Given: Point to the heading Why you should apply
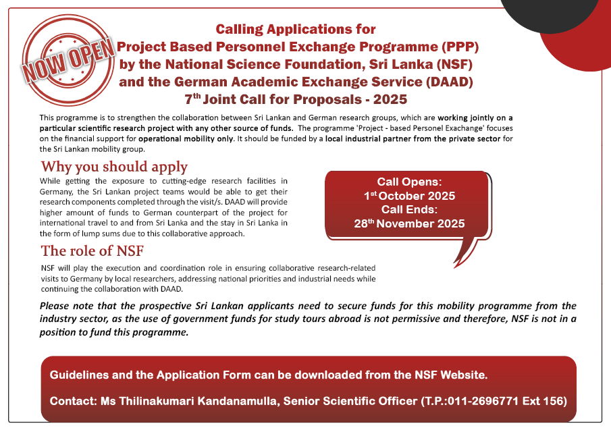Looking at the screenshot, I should click(x=114, y=166).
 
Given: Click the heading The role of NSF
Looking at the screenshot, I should click(x=92, y=251).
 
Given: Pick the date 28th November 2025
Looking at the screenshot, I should click(x=409, y=223).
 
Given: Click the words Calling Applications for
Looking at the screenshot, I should click(x=296, y=30).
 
